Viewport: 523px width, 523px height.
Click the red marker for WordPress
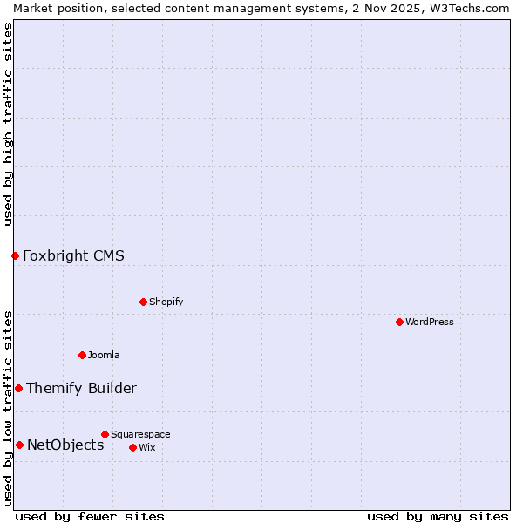point(399,322)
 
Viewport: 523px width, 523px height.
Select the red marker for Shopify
point(143,302)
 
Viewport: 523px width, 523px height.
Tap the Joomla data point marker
point(82,355)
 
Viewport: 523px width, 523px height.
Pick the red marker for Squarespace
point(105,434)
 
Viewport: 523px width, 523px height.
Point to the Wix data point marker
point(132,447)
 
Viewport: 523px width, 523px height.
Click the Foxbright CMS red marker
point(15,255)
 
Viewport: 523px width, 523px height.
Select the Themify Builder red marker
point(18,388)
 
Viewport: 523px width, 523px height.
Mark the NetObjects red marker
point(19,445)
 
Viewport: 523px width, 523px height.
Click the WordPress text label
point(430,322)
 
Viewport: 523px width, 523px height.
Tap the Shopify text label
point(166,302)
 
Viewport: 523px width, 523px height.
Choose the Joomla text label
point(104,355)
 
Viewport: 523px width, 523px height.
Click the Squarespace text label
point(140,434)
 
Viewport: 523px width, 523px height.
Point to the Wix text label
point(146,447)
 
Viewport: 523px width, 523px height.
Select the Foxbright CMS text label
point(73,255)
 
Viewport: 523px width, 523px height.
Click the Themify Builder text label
point(81,388)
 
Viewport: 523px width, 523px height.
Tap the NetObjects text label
point(65,445)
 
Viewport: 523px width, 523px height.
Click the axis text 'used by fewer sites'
point(90,516)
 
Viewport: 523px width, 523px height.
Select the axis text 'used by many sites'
point(438,516)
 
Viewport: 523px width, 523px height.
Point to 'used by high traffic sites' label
point(8,124)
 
